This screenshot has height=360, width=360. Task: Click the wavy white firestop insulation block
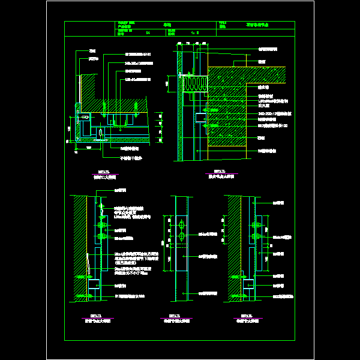(x=194, y=83)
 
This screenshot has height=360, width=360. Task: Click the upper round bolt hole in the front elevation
(x=181, y=227)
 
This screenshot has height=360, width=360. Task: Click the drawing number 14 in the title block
(x=148, y=34)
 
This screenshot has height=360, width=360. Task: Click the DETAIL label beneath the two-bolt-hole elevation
(x=174, y=315)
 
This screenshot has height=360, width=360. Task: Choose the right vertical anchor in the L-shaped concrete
(x=136, y=109)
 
